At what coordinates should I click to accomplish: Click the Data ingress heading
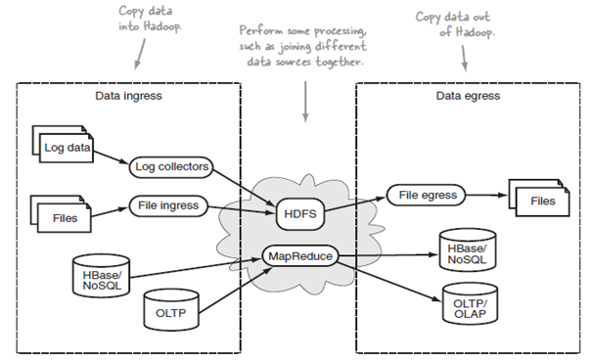(127, 96)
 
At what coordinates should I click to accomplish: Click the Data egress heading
(467, 96)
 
